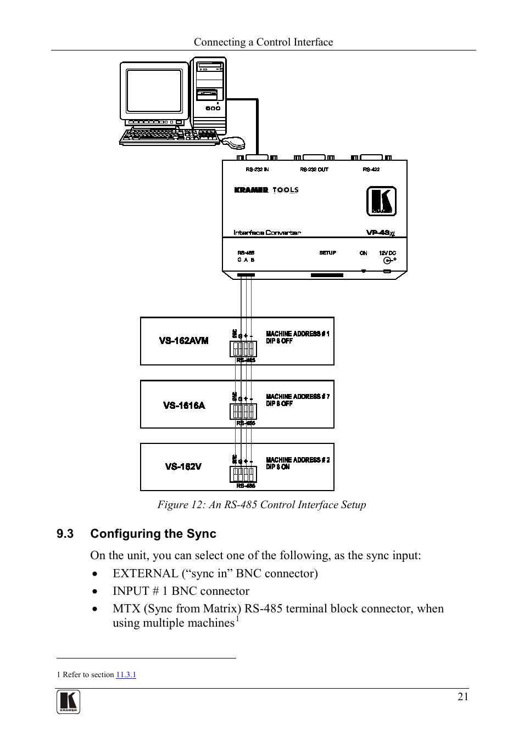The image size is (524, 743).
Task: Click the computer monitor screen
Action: (154, 91)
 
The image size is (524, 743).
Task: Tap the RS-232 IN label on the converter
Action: (257, 170)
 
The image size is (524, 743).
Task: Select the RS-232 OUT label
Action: (314, 170)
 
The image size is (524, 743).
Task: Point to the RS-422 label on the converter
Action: (371, 170)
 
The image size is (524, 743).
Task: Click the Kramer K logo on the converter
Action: (381, 201)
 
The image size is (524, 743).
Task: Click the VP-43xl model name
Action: (380, 233)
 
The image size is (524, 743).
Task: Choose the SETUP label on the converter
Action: (327, 253)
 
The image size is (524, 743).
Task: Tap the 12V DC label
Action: (387, 253)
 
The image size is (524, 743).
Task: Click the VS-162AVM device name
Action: (183, 341)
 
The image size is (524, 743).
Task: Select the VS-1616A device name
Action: (184, 406)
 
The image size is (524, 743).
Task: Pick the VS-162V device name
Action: (183, 466)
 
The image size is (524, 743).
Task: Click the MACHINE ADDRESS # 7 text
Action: (298, 396)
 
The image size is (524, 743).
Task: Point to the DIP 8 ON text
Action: (278, 467)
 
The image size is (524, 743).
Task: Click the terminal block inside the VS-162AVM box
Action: (243, 348)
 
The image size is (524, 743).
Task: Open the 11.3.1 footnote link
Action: (126, 674)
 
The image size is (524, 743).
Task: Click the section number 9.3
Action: (65, 534)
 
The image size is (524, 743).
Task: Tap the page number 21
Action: (463, 696)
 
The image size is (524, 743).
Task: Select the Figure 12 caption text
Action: (261, 505)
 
